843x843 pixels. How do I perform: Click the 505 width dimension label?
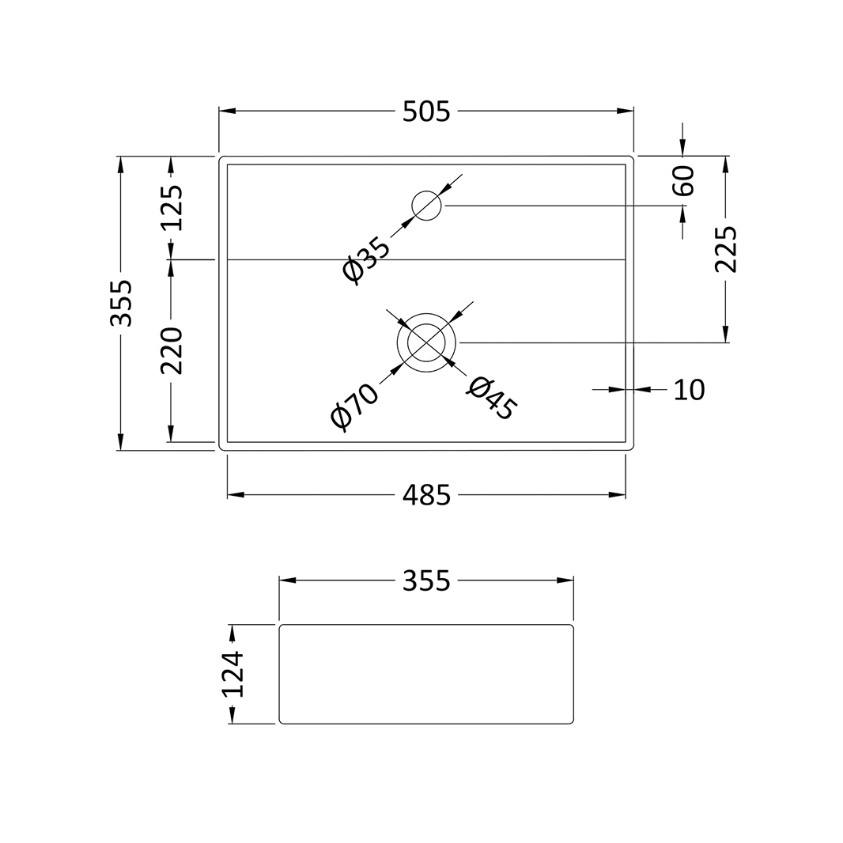click(x=426, y=112)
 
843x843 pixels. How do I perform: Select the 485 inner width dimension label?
click(x=426, y=495)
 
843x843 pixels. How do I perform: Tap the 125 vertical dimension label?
click(x=172, y=207)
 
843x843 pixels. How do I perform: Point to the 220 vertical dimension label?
click(x=172, y=350)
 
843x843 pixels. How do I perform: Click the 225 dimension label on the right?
click(x=726, y=249)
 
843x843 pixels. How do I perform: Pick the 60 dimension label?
click(x=684, y=180)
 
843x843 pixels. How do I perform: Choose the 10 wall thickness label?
click(x=688, y=390)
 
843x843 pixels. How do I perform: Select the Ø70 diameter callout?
click(x=355, y=406)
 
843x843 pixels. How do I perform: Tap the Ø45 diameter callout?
click(x=492, y=398)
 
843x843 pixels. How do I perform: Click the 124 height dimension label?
click(x=232, y=674)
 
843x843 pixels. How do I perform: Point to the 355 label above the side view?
click(x=426, y=580)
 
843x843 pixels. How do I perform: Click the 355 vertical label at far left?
click(x=121, y=303)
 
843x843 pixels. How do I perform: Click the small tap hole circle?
click(x=427, y=206)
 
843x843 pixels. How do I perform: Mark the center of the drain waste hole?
click(x=427, y=342)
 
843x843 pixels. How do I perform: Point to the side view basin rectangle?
click(x=426, y=674)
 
